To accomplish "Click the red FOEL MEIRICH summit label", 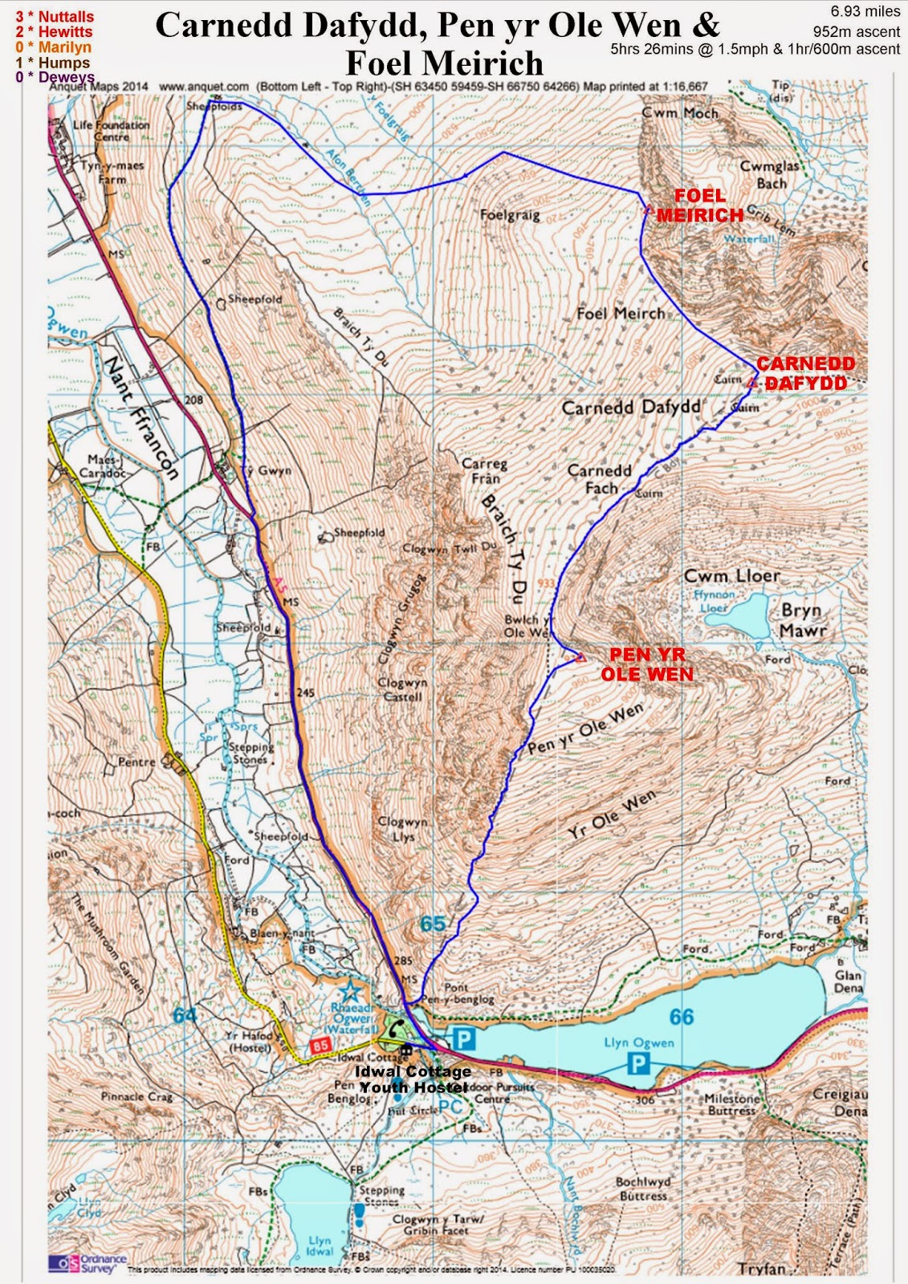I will coord(700,205).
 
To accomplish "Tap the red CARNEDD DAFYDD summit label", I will coord(804,374).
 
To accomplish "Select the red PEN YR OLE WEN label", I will coord(647,664).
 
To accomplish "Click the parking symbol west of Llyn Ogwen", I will coord(464,1040).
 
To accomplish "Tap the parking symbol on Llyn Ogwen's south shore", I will coord(637,1064).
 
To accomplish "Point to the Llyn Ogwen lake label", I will coord(639,1042).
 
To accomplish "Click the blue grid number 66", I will coord(681,1018).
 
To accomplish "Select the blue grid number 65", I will coord(432,924).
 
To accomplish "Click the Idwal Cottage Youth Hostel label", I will coord(413,1079).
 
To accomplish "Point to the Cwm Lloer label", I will coord(731,575).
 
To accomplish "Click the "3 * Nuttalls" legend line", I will coord(55,16).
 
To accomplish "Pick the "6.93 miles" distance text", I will coord(867,11).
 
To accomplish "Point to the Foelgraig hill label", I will coord(510,215).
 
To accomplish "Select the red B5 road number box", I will coord(320,1046).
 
